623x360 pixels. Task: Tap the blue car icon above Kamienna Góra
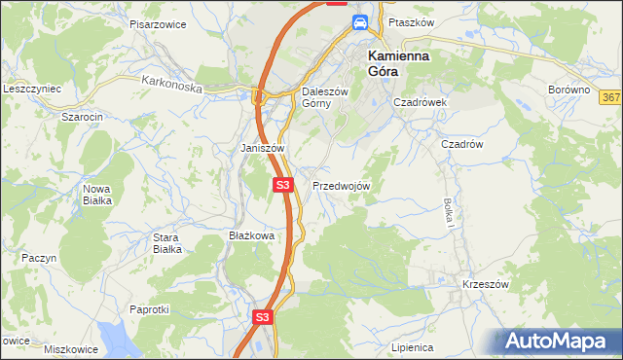[x=359, y=22]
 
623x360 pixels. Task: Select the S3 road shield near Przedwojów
[x=282, y=184]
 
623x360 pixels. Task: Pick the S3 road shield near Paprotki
[x=261, y=317]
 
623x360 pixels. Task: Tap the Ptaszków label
[x=410, y=21]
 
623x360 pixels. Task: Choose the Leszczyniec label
[x=32, y=89]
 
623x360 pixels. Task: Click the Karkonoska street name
[x=170, y=86]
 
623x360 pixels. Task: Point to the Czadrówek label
[x=420, y=102]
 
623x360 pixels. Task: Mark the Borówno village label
[x=569, y=90]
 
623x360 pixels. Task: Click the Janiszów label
[x=262, y=148]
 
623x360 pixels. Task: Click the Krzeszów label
[x=486, y=284]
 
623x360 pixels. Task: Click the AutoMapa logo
[x=559, y=341]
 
